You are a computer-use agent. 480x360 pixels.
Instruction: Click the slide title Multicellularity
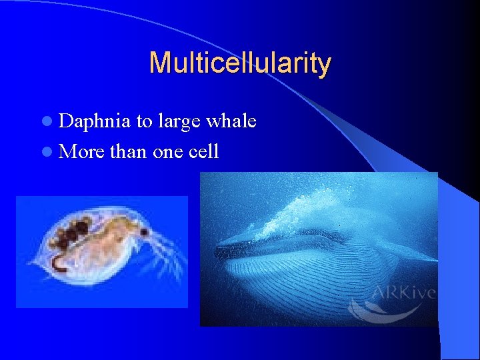[240, 63]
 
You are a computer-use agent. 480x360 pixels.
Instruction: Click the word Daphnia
[95, 121]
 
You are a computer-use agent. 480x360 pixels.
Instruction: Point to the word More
[81, 152]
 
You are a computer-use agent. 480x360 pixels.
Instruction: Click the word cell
[203, 152]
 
